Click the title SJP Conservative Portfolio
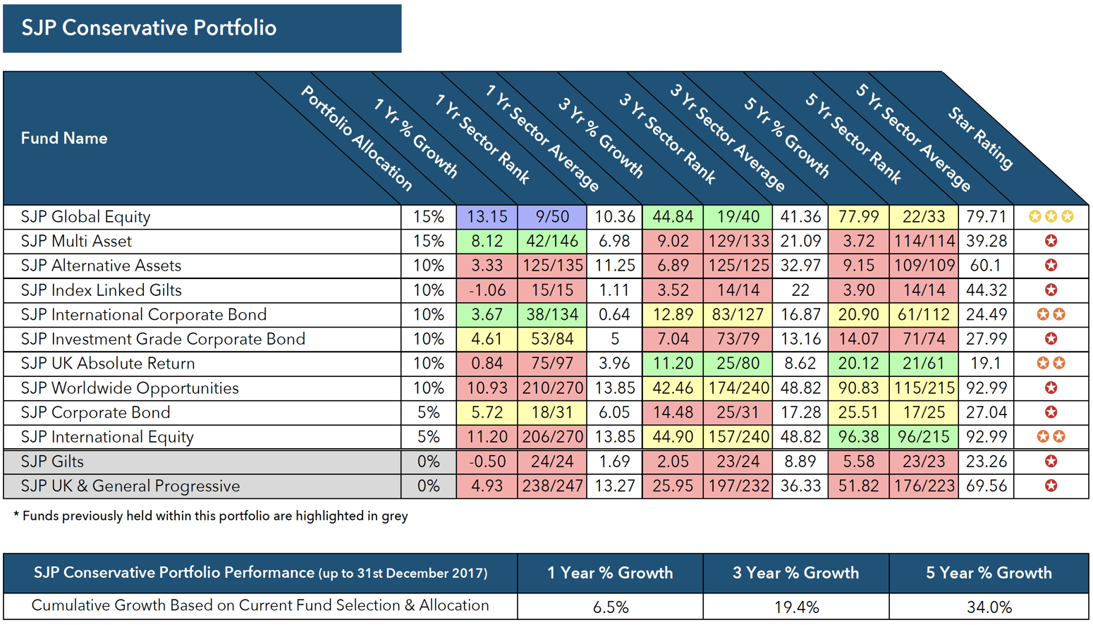click(x=149, y=28)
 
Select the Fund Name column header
click(x=64, y=138)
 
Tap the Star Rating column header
click(x=981, y=138)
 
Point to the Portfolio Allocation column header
click(x=356, y=138)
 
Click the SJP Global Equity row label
click(x=85, y=217)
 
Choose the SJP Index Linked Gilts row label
click(x=101, y=290)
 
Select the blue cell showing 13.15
click(x=487, y=217)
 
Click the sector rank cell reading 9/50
click(x=551, y=217)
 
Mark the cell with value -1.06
click(x=487, y=290)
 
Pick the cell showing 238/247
click(x=551, y=486)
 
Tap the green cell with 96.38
click(x=858, y=437)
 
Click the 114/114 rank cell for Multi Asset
click(x=923, y=241)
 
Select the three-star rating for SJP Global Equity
click(x=1051, y=217)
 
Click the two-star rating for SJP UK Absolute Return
click(x=1051, y=364)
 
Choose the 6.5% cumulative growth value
click(x=610, y=607)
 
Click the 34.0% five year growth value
click(x=989, y=607)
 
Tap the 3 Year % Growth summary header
click(x=795, y=573)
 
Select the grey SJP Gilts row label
click(x=52, y=462)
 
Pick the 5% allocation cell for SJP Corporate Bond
click(x=428, y=412)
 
